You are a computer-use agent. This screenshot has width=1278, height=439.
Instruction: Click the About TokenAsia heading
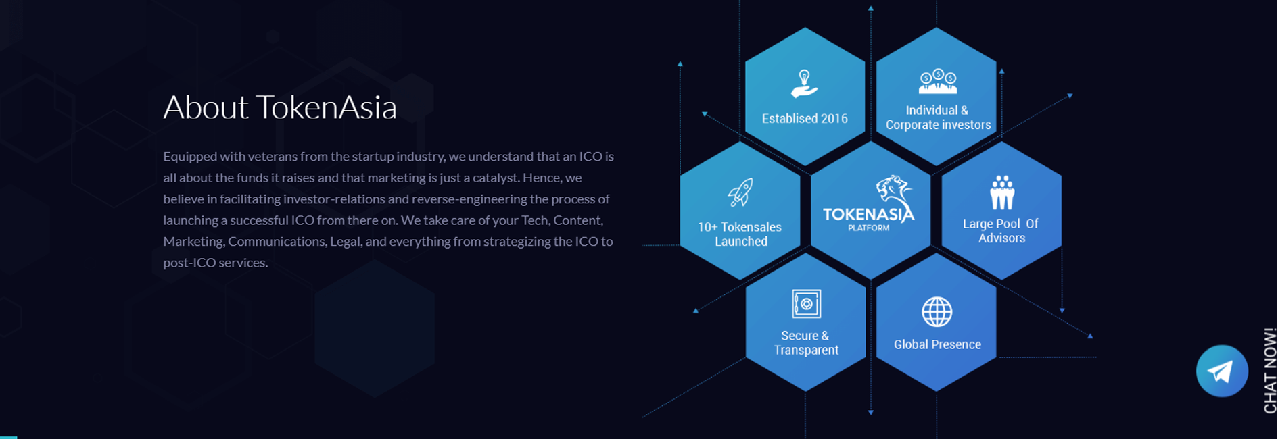280,107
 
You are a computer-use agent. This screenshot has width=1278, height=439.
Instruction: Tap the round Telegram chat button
1222,371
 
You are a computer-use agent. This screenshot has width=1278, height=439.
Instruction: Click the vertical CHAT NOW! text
1270,370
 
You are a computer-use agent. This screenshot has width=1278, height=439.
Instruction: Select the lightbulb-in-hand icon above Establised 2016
804,84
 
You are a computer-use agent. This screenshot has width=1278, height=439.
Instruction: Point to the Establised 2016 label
805,119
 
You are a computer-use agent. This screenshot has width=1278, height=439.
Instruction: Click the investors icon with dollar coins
938,81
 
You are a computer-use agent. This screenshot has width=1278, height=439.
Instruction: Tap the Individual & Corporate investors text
938,118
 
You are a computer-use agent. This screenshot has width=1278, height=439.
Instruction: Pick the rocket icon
740,192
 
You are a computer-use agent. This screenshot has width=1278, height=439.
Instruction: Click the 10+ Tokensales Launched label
740,234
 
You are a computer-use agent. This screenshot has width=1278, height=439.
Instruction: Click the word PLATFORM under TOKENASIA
869,228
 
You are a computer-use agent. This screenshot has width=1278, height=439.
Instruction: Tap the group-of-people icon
1002,192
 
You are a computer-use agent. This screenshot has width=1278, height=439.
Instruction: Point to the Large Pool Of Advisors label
1001,231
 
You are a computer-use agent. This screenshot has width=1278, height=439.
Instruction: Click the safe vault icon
806,304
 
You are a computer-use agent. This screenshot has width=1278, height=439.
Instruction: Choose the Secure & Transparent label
806,343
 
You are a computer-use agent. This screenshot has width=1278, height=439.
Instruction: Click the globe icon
937,312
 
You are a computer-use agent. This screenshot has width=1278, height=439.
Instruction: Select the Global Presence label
937,344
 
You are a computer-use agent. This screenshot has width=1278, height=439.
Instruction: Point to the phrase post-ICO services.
216,263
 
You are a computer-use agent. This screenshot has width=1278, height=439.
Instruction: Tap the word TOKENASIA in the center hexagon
868,214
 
